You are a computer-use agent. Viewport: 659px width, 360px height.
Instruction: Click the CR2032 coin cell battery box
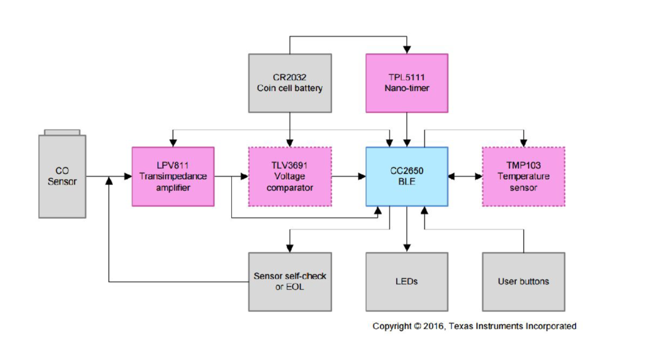tap(290, 83)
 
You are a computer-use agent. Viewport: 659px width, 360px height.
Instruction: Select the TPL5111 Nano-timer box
tap(406, 83)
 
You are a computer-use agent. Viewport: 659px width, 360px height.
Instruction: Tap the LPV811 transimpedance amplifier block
tap(173, 176)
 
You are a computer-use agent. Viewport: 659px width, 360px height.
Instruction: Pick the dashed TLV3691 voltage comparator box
tap(290, 176)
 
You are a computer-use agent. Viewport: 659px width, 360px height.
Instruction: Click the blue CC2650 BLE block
tap(406, 176)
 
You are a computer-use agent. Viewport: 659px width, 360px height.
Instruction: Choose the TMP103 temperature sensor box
tap(523, 176)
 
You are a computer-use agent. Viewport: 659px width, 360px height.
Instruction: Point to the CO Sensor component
tap(62, 176)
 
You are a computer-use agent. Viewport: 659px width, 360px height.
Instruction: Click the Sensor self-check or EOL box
tap(290, 281)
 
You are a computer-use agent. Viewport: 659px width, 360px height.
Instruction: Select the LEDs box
tap(406, 281)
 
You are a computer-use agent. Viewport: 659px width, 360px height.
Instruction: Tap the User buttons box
tap(523, 281)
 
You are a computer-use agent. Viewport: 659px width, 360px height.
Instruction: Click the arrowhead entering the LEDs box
tap(407, 248)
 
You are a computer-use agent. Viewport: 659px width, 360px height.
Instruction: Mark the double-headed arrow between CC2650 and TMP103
tap(465, 176)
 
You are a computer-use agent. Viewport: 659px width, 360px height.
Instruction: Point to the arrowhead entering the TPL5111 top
tap(407, 50)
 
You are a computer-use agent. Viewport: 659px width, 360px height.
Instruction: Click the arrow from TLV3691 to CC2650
tap(348, 176)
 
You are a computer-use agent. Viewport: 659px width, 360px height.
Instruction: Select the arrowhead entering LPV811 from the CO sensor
tap(128, 176)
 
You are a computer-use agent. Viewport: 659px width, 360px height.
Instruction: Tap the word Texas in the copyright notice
tap(461, 326)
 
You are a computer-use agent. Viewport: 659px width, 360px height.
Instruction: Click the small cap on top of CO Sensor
tap(62, 132)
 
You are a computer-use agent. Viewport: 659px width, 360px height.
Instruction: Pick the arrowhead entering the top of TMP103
tap(523, 143)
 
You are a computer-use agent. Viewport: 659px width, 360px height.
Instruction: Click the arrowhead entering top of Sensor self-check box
tap(290, 248)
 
